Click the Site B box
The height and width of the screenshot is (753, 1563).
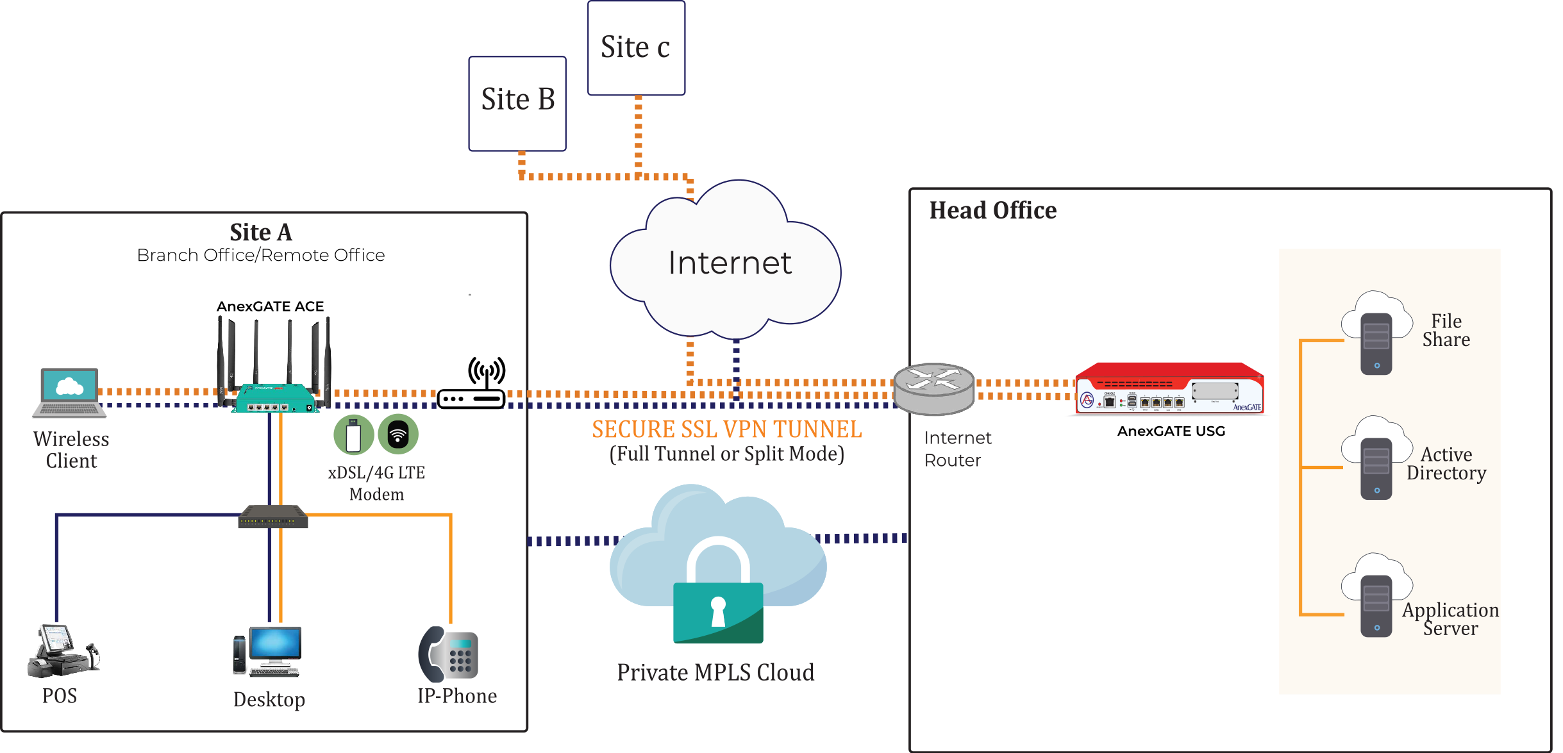point(517,104)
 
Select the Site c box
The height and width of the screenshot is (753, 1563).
point(636,48)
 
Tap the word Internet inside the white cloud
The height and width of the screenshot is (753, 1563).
point(730,263)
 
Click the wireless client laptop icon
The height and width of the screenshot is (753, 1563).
point(69,392)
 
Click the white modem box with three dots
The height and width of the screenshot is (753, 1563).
point(471,399)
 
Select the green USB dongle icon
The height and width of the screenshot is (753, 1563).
point(353,434)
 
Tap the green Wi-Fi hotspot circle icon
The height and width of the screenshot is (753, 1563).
point(398,434)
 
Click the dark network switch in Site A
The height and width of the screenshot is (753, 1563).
point(273,517)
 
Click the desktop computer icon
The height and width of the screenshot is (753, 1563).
point(268,650)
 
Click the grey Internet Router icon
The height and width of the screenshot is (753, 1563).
point(933,388)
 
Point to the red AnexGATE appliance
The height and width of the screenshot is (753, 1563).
point(1168,390)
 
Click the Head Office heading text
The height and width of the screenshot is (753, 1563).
point(992,210)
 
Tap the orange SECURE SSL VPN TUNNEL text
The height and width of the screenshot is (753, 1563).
point(726,429)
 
